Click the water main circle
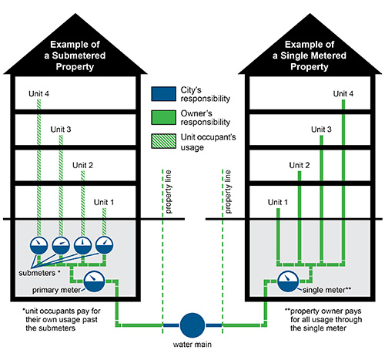pyautogui.click(x=192, y=324)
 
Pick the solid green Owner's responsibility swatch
pyautogui.click(x=163, y=119)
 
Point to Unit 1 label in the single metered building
pyautogui.click(x=279, y=202)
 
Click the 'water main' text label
pyautogui.click(x=192, y=345)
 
